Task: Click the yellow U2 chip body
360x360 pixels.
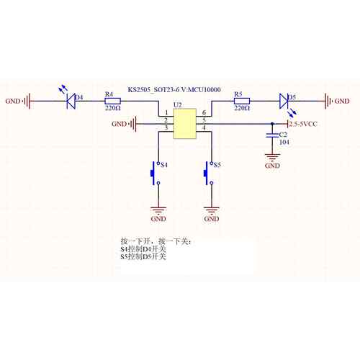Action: [185, 124]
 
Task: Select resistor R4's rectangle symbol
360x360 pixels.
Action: [113, 101]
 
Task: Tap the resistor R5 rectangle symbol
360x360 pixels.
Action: [242, 101]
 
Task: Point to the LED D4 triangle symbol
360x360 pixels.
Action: [71, 101]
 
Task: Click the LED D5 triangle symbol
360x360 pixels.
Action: [284, 101]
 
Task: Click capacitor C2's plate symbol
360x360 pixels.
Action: [272, 135]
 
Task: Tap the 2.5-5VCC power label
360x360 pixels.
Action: [303, 124]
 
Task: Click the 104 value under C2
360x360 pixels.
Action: [284, 142]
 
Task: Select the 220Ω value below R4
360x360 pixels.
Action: [113, 108]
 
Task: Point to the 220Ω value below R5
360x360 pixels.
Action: [242, 108]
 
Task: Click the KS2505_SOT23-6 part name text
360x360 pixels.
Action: [153, 90]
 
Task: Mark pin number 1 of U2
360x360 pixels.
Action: [166, 112]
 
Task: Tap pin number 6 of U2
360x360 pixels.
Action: [204, 112]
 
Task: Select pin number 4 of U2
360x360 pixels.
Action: [204, 127]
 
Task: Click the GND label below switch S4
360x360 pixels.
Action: [158, 219]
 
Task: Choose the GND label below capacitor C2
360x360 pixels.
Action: [272, 166]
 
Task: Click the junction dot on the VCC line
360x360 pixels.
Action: [272, 124]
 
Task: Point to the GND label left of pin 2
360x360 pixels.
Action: [119, 124]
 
